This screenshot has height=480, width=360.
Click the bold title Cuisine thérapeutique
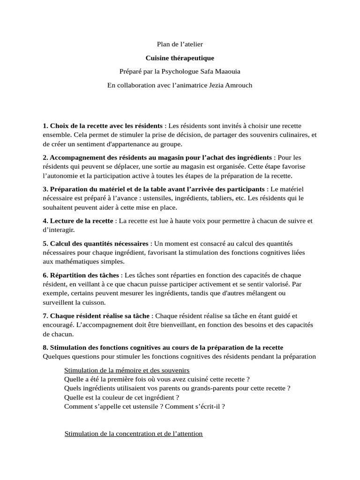[x=180, y=58]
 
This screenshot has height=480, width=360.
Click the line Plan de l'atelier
[x=180, y=44]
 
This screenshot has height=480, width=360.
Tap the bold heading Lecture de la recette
[x=82, y=221]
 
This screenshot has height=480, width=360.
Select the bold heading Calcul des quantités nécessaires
[x=99, y=244]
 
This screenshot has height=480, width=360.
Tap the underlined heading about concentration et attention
[x=134, y=434]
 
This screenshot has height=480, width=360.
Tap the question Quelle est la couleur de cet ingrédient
[x=121, y=397]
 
